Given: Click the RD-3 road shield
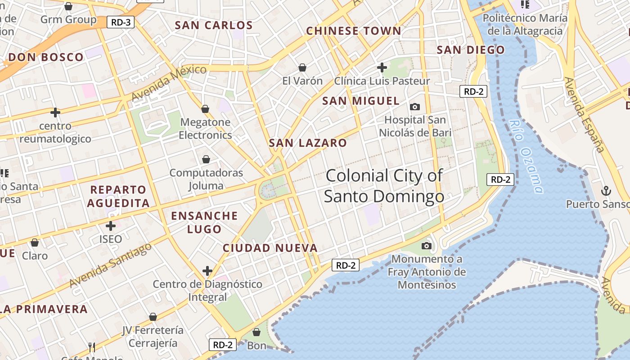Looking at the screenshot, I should [x=121, y=22].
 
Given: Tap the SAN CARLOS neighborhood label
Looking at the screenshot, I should [x=214, y=25].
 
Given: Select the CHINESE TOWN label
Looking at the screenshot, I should [x=353, y=31].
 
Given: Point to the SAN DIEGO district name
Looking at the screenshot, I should [x=471, y=50].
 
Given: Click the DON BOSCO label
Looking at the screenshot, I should [x=46, y=57].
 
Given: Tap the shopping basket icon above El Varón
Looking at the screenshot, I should [x=302, y=67].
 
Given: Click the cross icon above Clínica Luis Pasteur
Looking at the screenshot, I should [x=382, y=67].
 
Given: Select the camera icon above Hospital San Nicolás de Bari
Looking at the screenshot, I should [x=414, y=107].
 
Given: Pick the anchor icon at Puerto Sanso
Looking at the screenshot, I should [x=606, y=191].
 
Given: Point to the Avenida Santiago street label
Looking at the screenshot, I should [x=111, y=265].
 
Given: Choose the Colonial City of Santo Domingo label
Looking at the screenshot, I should [x=384, y=186].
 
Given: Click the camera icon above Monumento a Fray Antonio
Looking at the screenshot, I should [x=426, y=246].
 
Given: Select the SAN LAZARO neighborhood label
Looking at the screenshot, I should [x=308, y=143].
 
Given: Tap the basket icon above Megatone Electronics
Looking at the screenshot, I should [x=205, y=109].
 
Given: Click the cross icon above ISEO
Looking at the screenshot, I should [x=111, y=225].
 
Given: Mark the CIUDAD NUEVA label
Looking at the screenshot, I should [x=270, y=248].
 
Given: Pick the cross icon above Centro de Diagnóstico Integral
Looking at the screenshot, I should [x=207, y=271].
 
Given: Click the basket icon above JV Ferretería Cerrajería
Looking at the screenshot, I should [x=153, y=317].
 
